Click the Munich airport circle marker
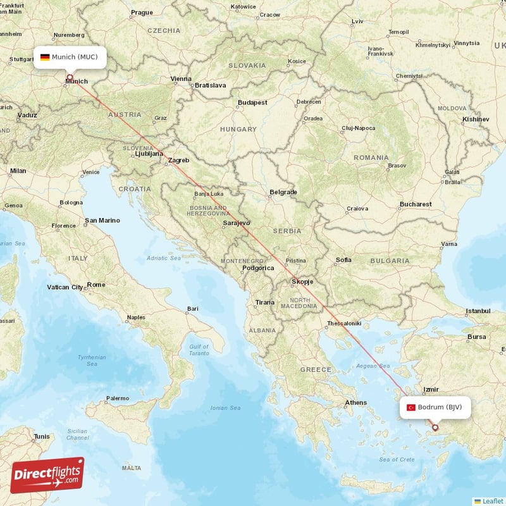click(x=70, y=77)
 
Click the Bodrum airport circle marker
click(x=435, y=428)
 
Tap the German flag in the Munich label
click(x=45, y=57)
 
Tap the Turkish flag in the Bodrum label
click(x=411, y=407)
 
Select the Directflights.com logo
click(x=47, y=475)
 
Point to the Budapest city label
click(x=252, y=102)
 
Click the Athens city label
click(x=355, y=403)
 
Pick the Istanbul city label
click(x=478, y=311)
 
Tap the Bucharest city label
click(x=415, y=204)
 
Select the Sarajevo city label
click(x=237, y=223)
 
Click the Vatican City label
click(x=65, y=287)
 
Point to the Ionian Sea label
click(x=225, y=408)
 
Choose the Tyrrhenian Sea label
click(x=92, y=361)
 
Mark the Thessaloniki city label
click(x=343, y=323)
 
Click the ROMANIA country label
click(x=371, y=157)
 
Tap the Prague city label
click(x=142, y=13)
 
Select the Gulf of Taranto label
click(x=199, y=350)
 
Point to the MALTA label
click(x=132, y=468)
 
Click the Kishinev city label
click(x=476, y=119)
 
